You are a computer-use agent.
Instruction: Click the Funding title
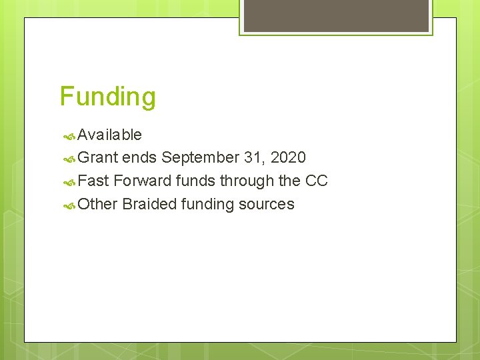click(107, 97)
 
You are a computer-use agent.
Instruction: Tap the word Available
click(109, 135)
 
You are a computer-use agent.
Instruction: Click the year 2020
click(288, 158)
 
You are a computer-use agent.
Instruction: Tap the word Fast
click(93, 181)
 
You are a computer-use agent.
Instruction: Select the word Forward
click(142, 181)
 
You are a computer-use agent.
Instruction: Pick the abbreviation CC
click(316, 181)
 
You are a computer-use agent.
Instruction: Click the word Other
click(97, 204)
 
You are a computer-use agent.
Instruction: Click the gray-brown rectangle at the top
click(336, 15)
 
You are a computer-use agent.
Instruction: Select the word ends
click(139, 158)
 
